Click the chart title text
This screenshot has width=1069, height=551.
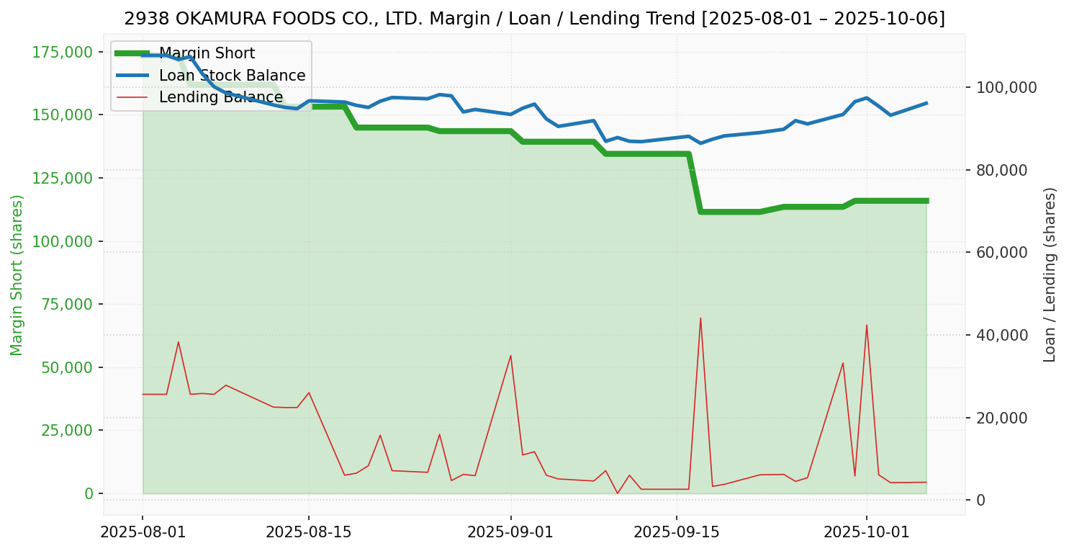coord(534,19)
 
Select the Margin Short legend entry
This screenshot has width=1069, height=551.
coord(207,53)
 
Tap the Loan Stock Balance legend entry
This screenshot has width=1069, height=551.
coord(232,76)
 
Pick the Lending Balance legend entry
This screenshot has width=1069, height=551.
coord(220,97)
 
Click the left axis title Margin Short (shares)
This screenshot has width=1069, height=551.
coord(17,275)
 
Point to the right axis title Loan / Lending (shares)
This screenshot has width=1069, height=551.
coord(1050,274)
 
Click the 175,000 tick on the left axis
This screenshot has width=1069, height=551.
coord(63,52)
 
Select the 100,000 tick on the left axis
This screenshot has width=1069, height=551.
coord(63,241)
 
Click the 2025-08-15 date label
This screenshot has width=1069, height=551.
coord(309,532)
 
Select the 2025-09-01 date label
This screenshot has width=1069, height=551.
coord(510,532)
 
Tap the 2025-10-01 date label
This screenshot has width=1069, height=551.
coord(866,532)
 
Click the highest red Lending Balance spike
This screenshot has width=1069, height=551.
coord(700,318)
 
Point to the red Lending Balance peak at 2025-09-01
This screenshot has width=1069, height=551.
coord(510,355)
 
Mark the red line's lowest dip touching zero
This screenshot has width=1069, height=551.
coord(617,493)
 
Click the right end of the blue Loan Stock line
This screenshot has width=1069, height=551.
coord(926,103)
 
